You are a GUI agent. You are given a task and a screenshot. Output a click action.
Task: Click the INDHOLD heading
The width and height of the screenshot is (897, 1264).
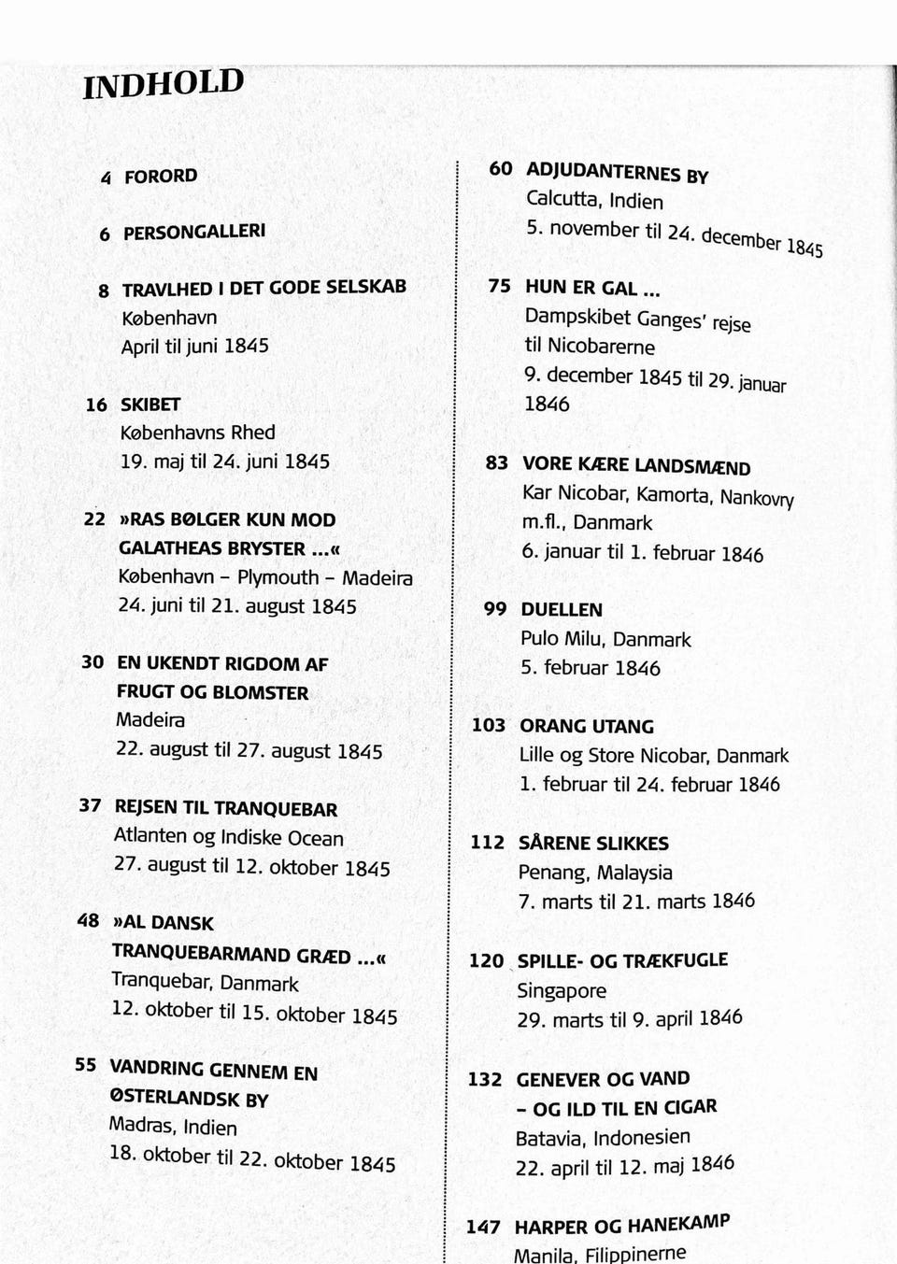(164, 83)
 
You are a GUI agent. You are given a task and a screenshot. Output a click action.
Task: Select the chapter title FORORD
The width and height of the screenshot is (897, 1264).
(161, 176)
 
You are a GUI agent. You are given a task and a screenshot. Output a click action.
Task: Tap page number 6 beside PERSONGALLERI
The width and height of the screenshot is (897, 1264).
(105, 234)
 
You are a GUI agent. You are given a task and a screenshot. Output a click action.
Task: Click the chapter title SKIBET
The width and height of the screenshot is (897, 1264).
(150, 405)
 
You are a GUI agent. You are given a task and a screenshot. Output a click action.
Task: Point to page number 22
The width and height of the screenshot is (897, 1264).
(94, 518)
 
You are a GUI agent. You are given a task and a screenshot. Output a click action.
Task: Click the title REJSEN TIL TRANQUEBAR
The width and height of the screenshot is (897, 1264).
(225, 808)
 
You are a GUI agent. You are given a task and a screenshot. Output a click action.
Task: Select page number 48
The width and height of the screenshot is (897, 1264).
(88, 920)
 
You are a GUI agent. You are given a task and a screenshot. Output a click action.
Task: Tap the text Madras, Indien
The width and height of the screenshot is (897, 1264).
(173, 1126)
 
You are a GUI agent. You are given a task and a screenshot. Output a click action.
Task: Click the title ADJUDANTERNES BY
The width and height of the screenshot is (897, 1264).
(617, 173)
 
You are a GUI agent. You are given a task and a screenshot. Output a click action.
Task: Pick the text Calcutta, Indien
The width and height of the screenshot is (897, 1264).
(594, 200)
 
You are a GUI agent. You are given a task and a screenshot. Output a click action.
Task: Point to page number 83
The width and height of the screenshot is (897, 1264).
(497, 463)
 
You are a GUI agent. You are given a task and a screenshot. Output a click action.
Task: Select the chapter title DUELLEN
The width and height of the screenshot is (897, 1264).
(562, 610)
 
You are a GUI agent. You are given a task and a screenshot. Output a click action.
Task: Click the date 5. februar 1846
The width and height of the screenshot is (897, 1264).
(590, 668)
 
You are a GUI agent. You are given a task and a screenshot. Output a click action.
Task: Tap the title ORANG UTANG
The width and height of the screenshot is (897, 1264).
(587, 726)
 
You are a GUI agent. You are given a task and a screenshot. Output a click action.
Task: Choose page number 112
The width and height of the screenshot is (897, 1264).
(487, 842)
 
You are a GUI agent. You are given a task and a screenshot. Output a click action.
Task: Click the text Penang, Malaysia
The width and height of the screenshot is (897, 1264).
(595, 873)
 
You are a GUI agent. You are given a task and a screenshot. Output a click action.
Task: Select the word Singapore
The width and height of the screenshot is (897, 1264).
(562, 990)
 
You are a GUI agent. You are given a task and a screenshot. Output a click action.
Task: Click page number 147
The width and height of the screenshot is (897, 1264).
(484, 1227)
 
